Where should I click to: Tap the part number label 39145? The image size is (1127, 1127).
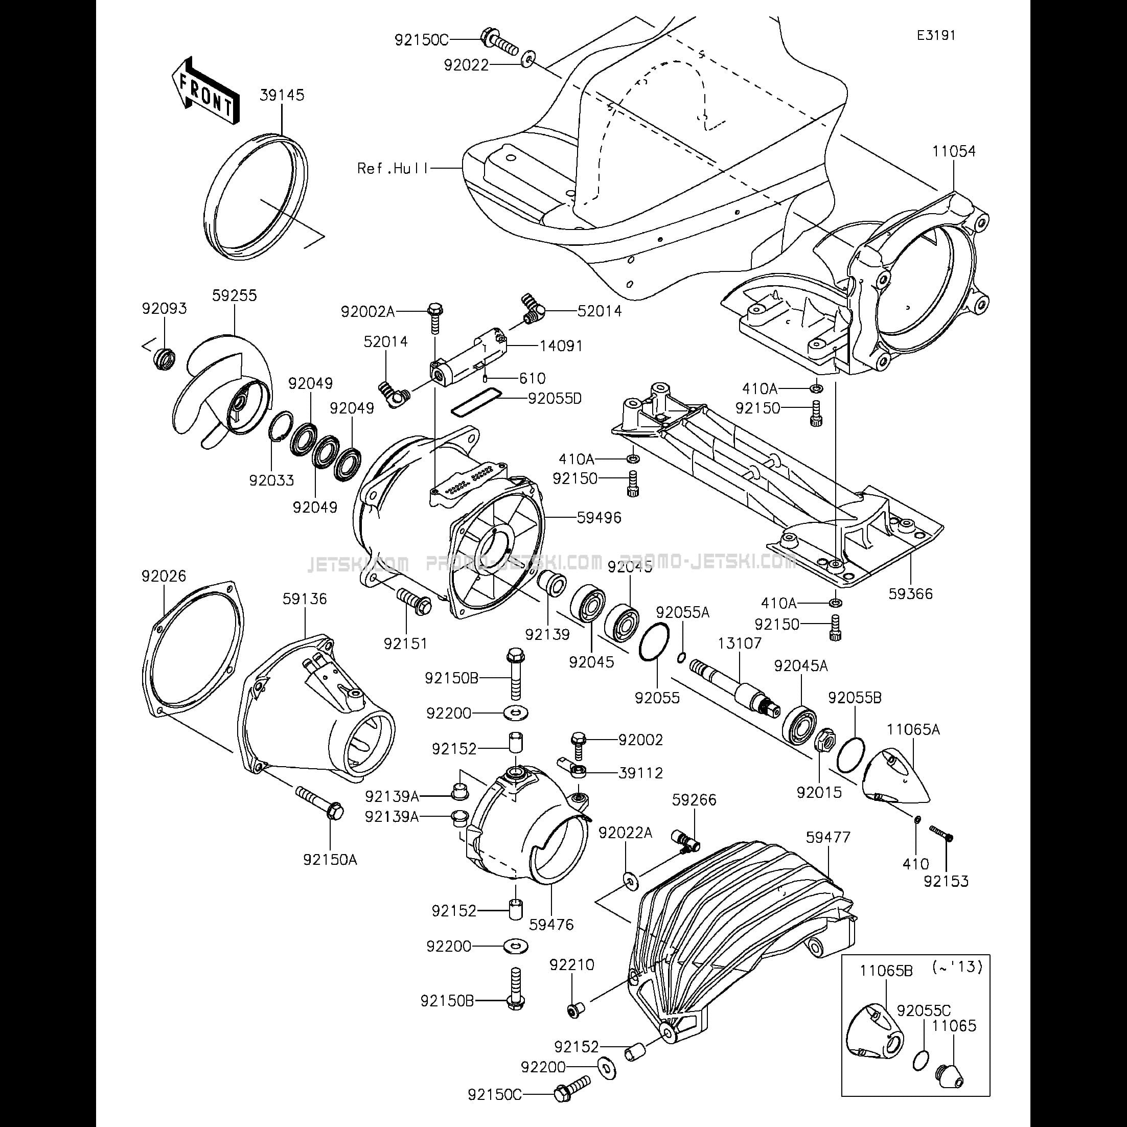(x=282, y=95)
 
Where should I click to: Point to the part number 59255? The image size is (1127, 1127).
(x=234, y=296)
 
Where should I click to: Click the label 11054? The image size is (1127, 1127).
(x=954, y=152)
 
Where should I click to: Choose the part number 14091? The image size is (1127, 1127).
(x=561, y=346)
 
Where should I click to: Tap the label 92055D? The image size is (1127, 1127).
(x=555, y=399)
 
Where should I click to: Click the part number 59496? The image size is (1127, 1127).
(x=599, y=517)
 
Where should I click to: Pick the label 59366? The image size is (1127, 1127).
(x=911, y=594)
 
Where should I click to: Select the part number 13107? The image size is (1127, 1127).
(x=740, y=643)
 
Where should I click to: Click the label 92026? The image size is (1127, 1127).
(x=164, y=577)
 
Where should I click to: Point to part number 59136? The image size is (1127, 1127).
(x=305, y=599)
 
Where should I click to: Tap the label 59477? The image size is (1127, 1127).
(x=829, y=838)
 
